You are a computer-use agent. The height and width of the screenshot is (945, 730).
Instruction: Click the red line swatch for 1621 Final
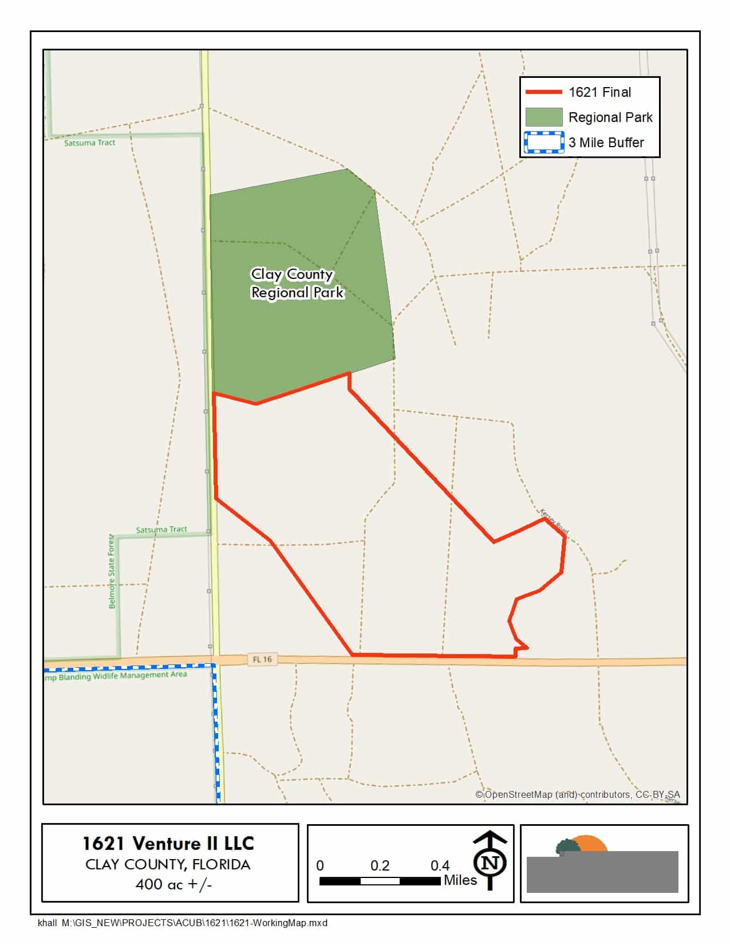543,92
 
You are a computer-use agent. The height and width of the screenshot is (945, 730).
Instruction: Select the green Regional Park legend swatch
543,117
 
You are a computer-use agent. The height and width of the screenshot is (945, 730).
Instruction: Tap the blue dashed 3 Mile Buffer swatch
543,143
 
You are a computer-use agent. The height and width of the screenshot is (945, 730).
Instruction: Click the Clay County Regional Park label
297,283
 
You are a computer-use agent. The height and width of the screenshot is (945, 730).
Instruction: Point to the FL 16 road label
262,659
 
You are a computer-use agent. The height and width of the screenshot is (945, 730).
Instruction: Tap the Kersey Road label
554,521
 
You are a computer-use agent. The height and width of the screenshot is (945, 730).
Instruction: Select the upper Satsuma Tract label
89,143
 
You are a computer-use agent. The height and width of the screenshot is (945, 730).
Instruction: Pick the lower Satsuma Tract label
161,530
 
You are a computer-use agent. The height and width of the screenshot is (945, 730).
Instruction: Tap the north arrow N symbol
490,862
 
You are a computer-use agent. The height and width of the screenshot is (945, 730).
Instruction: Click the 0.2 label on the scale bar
380,865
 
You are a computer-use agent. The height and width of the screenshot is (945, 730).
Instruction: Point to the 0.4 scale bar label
440,865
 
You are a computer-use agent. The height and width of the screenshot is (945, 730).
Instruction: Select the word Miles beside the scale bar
460,880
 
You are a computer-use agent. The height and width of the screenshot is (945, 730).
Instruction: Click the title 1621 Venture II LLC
168,843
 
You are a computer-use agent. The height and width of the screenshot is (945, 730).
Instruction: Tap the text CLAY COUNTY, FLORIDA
168,864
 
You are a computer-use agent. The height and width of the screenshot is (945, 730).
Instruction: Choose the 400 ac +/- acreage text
173,884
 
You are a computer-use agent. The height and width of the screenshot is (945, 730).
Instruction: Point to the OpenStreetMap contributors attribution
578,794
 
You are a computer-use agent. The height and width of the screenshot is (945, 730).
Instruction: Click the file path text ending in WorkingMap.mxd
183,923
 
